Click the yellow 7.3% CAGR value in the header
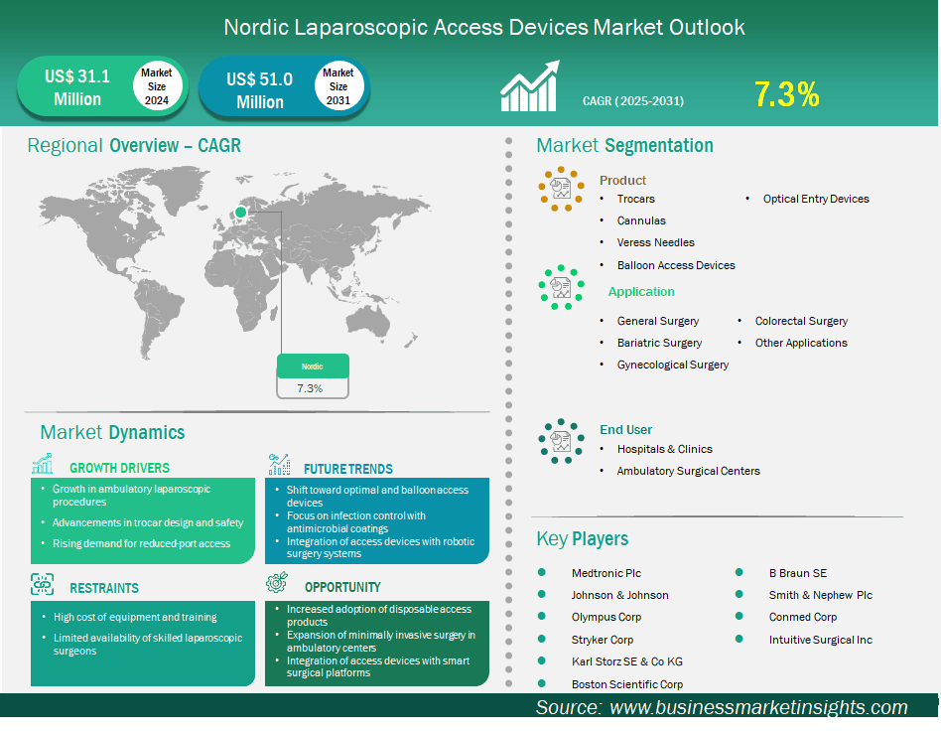tap(786, 94)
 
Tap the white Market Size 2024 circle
tap(157, 85)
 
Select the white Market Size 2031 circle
tap(338, 85)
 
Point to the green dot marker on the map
tap(240, 212)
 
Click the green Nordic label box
tap(313, 366)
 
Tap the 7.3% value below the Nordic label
tap(310, 388)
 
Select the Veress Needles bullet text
tap(655, 242)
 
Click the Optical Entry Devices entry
tap(816, 199)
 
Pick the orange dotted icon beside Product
tap(561, 189)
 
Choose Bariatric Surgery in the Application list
tap(659, 343)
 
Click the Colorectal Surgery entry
tap(801, 321)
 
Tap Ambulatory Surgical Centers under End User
tap(688, 471)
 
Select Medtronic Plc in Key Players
tap(606, 573)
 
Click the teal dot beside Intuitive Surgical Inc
tap(739, 639)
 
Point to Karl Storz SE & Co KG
tap(627, 661)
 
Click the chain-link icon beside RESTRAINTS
tap(42, 584)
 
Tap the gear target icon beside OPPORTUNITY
tap(277, 582)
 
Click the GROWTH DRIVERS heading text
tap(119, 468)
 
